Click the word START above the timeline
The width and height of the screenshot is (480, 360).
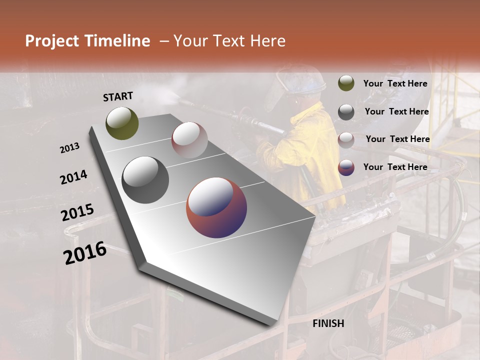tap(118, 96)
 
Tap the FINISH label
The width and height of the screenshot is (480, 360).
tap(328, 323)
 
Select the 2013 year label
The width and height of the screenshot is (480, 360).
tap(69, 148)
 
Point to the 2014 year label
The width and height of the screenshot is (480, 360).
tap(73, 177)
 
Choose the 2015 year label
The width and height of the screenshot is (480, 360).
tap(77, 212)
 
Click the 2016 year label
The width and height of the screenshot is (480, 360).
tap(85, 252)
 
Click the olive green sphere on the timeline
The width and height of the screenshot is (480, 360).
tap(122, 123)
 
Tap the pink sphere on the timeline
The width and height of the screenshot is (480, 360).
tap(189, 140)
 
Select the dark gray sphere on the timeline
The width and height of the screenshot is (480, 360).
tap(145, 179)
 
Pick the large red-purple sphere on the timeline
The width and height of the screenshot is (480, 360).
tap(216, 207)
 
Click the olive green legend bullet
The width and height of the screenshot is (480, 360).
tap(346, 83)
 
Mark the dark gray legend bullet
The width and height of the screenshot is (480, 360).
tap(346, 112)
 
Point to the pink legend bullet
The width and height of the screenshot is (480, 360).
tap(346, 140)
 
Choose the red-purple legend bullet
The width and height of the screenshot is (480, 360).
tap(346, 167)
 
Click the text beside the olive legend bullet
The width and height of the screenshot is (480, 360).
tap(395, 84)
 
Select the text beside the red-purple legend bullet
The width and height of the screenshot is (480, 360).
tap(395, 167)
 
